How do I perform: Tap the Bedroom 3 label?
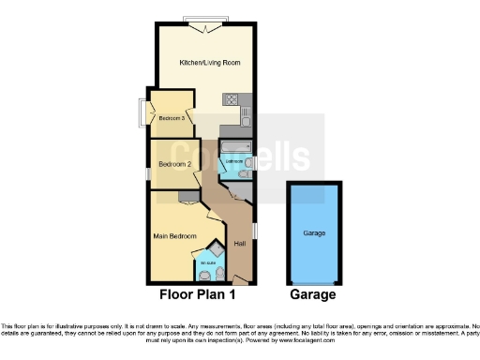click(170, 118)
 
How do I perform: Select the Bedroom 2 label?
click(174, 164)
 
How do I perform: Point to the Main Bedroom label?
click(174, 235)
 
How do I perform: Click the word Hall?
click(239, 245)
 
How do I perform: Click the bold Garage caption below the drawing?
click(312, 294)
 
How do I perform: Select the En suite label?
click(207, 263)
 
